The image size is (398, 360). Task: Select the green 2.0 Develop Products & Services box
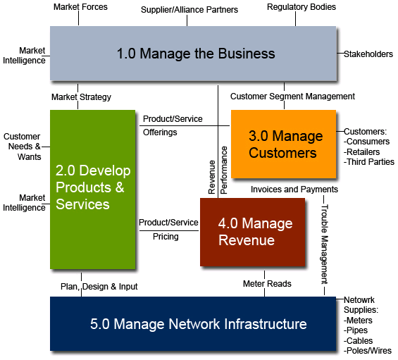click(x=92, y=188)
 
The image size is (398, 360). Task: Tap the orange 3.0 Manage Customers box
click(x=283, y=144)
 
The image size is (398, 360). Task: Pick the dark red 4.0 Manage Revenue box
click(x=252, y=232)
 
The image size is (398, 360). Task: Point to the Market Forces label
click(x=80, y=7)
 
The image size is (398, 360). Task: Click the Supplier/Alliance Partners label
click(x=189, y=10)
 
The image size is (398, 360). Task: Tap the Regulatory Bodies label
click(x=301, y=7)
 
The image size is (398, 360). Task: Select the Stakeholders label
click(x=368, y=54)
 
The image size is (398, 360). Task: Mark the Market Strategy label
click(x=81, y=97)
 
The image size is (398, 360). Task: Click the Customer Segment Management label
click(x=292, y=97)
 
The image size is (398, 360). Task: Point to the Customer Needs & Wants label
click(x=22, y=147)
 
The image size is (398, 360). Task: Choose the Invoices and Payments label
click(x=294, y=190)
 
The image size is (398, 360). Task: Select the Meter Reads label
click(x=267, y=284)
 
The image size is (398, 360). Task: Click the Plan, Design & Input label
click(x=99, y=287)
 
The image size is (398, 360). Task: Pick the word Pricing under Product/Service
click(x=166, y=237)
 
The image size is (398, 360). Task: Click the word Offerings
click(x=160, y=132)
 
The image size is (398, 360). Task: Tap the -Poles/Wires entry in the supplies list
click(x=367, y=351)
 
